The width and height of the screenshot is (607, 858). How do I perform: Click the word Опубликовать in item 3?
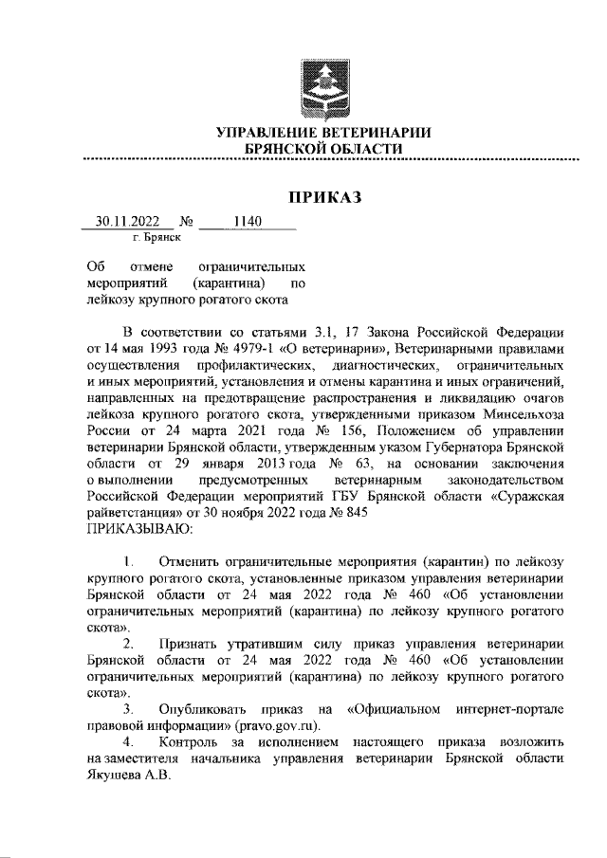210,708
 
